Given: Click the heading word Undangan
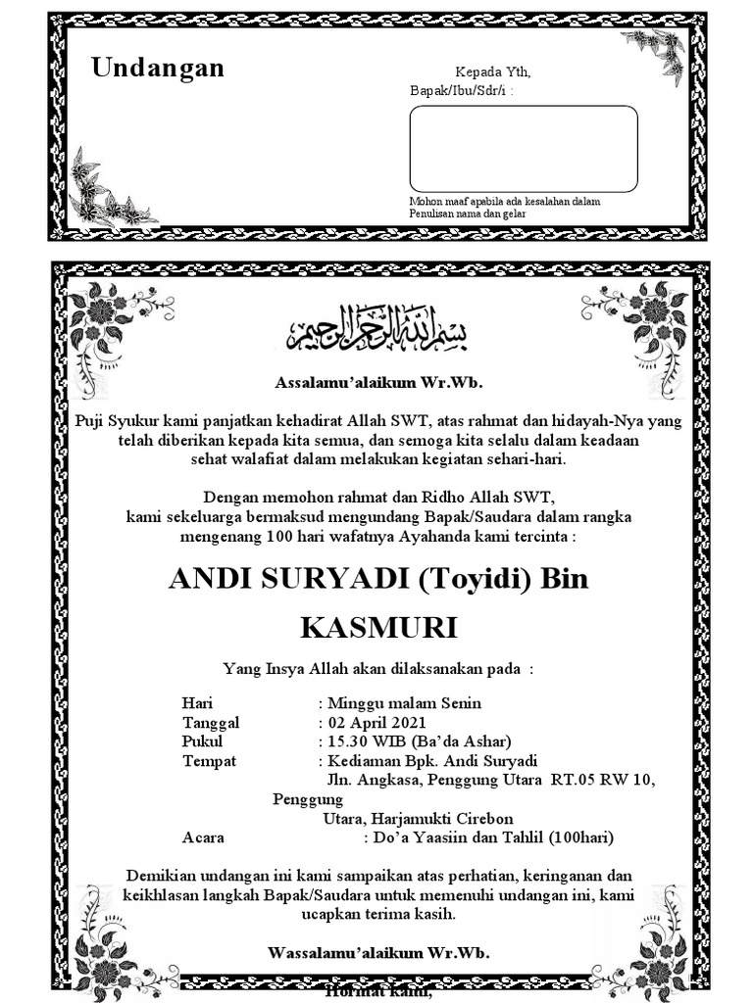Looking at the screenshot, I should point(158,68).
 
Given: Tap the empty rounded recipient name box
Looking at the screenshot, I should point(524,148).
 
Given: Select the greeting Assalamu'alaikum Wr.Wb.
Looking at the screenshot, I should point(378,382).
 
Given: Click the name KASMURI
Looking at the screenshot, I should point(377,627).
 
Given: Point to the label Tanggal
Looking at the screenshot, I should point(211,722).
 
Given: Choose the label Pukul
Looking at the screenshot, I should point(203,740).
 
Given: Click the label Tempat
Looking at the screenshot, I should point(209,760).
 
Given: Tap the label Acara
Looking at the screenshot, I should point(203,836).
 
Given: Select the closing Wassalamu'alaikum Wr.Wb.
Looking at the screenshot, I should point(378,952).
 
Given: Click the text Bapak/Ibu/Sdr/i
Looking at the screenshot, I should point(458,91).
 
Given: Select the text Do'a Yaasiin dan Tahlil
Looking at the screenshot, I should point(460,836).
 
